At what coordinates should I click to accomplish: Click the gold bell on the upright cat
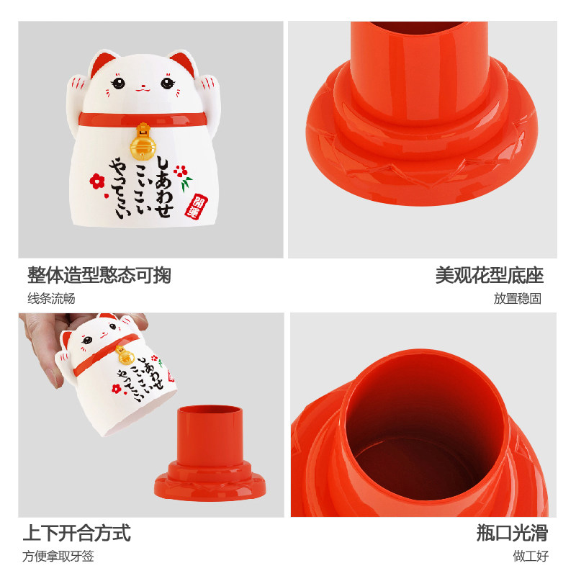tap(143, 143)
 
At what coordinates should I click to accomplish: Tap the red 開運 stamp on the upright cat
tap(196, 207)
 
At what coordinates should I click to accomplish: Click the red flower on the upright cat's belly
tap(97, 181)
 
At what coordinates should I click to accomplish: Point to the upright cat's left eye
tap(118, 83)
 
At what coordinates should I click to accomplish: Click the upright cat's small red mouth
tap(143, 89)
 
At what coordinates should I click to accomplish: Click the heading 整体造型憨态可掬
tap(99, 275)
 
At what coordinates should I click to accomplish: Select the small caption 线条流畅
tap(51, 298)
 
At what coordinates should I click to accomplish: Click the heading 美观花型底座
tap(490, 275)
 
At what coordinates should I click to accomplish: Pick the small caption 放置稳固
tap(517, 298)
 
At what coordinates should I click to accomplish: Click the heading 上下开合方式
tap(77, 533)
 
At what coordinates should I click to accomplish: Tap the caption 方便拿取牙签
tap(58, 556)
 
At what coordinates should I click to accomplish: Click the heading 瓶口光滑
tap(512, 533)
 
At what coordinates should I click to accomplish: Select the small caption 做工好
tap(531, 556)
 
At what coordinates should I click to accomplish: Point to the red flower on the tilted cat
tap(117, 389)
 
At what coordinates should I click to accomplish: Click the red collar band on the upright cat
tap(143, 119)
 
